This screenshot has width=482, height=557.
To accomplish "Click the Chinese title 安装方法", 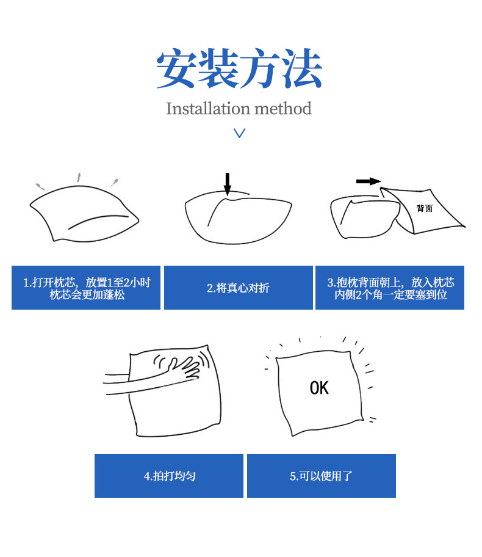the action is [240, 68].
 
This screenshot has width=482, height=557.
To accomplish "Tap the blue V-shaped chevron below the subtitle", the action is [240, 133].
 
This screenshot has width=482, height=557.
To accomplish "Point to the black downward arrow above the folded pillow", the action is [228, 184].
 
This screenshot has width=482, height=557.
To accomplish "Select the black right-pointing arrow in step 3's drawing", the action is [369, 181].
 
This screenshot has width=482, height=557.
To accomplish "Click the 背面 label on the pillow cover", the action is [425, 208].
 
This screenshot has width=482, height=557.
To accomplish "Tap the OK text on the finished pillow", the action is [319, 388].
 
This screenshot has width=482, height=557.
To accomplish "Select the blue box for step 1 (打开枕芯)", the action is [86, 288].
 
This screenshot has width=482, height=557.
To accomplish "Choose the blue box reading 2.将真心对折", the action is [239, 288].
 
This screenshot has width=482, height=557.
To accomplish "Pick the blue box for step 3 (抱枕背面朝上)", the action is [390, 288].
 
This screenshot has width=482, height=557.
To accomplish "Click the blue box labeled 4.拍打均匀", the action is [169, 476].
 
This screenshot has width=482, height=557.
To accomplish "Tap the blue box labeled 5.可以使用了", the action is [322, 476].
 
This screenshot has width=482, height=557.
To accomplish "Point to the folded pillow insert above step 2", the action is [238, 218].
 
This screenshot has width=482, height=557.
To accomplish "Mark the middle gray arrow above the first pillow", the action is [79, 177].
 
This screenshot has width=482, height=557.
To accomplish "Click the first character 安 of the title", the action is [176, 68].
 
